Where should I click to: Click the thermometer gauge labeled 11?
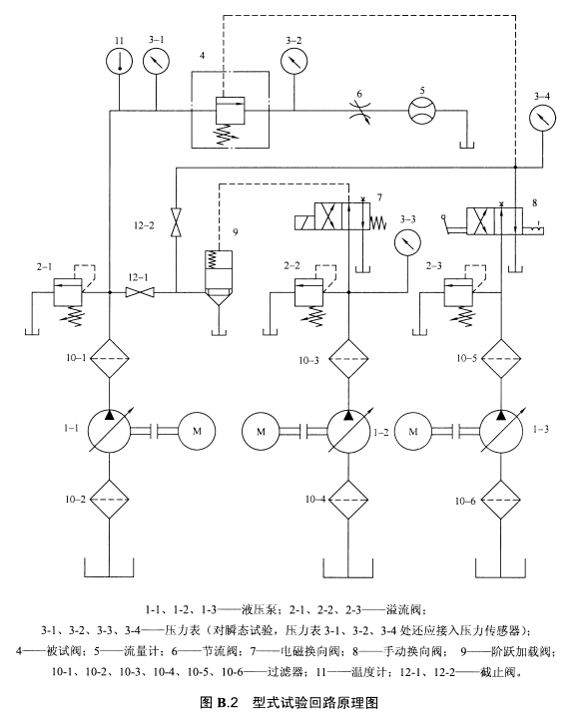[119, 61]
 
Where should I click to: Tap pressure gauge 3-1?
[156, 61]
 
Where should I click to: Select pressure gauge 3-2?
[293, 61]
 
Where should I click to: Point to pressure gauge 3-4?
[543, 118]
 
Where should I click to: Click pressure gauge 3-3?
[407, 242]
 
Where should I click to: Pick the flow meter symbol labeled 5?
[421, 110]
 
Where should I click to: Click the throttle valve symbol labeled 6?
[359, 111]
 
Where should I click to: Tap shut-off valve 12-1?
[140, 292]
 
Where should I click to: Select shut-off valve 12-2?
[176, 222]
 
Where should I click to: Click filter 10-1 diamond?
[109, 358]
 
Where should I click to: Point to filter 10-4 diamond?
[348, 500]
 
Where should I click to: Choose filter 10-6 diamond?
[501, 500]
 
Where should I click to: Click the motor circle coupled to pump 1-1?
[197, 431]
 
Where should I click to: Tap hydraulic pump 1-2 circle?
[348, 431]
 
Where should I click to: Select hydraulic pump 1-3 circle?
[501, 431]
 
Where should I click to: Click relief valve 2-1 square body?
[68, 292]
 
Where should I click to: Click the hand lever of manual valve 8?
[453, 226]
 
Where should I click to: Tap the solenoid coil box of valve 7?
[304, 222]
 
